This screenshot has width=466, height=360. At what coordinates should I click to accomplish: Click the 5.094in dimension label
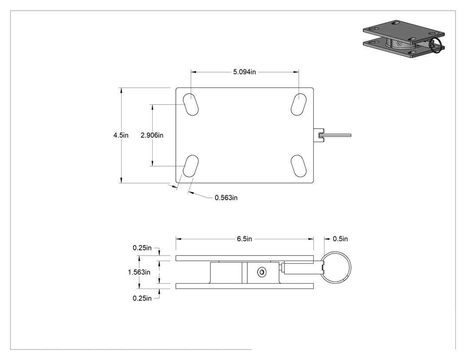pyautogui.click(x=244, y=72)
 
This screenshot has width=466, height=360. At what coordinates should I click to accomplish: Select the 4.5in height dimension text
pyautogui.click(x=121, y=135)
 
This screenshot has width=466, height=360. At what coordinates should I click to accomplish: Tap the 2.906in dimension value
pyautogui.click(x=152, y=135)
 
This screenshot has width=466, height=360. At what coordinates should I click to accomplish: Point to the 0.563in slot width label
pyautogui.click(x=226, y=198)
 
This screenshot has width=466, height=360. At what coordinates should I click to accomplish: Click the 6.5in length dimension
pyautogui.click(x=244, y=239)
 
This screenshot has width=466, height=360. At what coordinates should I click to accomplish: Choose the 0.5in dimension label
pyautogui.click(x=340, y=239)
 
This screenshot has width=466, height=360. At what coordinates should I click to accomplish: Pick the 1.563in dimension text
pyautogui.click(x=139, y=272)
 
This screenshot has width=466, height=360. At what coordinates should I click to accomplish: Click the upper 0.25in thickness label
pyautogui.click(x=142, y=248)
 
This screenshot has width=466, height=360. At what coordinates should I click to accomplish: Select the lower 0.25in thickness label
pyautogui.click(x=142, y=298)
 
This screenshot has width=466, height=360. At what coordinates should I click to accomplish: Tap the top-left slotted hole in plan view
pyautogui.click(x=191, y=104)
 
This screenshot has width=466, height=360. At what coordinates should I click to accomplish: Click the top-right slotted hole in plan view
pyautogui.click(x=299, y=104)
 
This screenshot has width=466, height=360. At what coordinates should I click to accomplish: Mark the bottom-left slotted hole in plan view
pyautogui.click(x=191, y=166)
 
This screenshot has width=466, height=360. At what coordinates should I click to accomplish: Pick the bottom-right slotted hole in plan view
pyautogui.click(x=299, y=166)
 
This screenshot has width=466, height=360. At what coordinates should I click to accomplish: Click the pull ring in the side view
pyautogui.click(x=351, y=268)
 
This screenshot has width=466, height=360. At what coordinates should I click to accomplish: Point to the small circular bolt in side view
pyautogui.click(x=262, y=272)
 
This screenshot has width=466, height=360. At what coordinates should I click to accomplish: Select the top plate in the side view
pyautogui.click(x=245, y=258)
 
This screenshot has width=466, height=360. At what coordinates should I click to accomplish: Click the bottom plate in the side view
pyautogui.click(x=245, y=286)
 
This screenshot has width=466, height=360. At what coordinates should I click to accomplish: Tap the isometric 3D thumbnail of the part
pyautogui.click(x=404, y=39)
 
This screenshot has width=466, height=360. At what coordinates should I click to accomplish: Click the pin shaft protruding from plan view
pyautogui.click(x=338, y=135)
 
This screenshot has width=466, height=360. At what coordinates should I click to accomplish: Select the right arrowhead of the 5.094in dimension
pyautogui.click(x=296, y=72)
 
